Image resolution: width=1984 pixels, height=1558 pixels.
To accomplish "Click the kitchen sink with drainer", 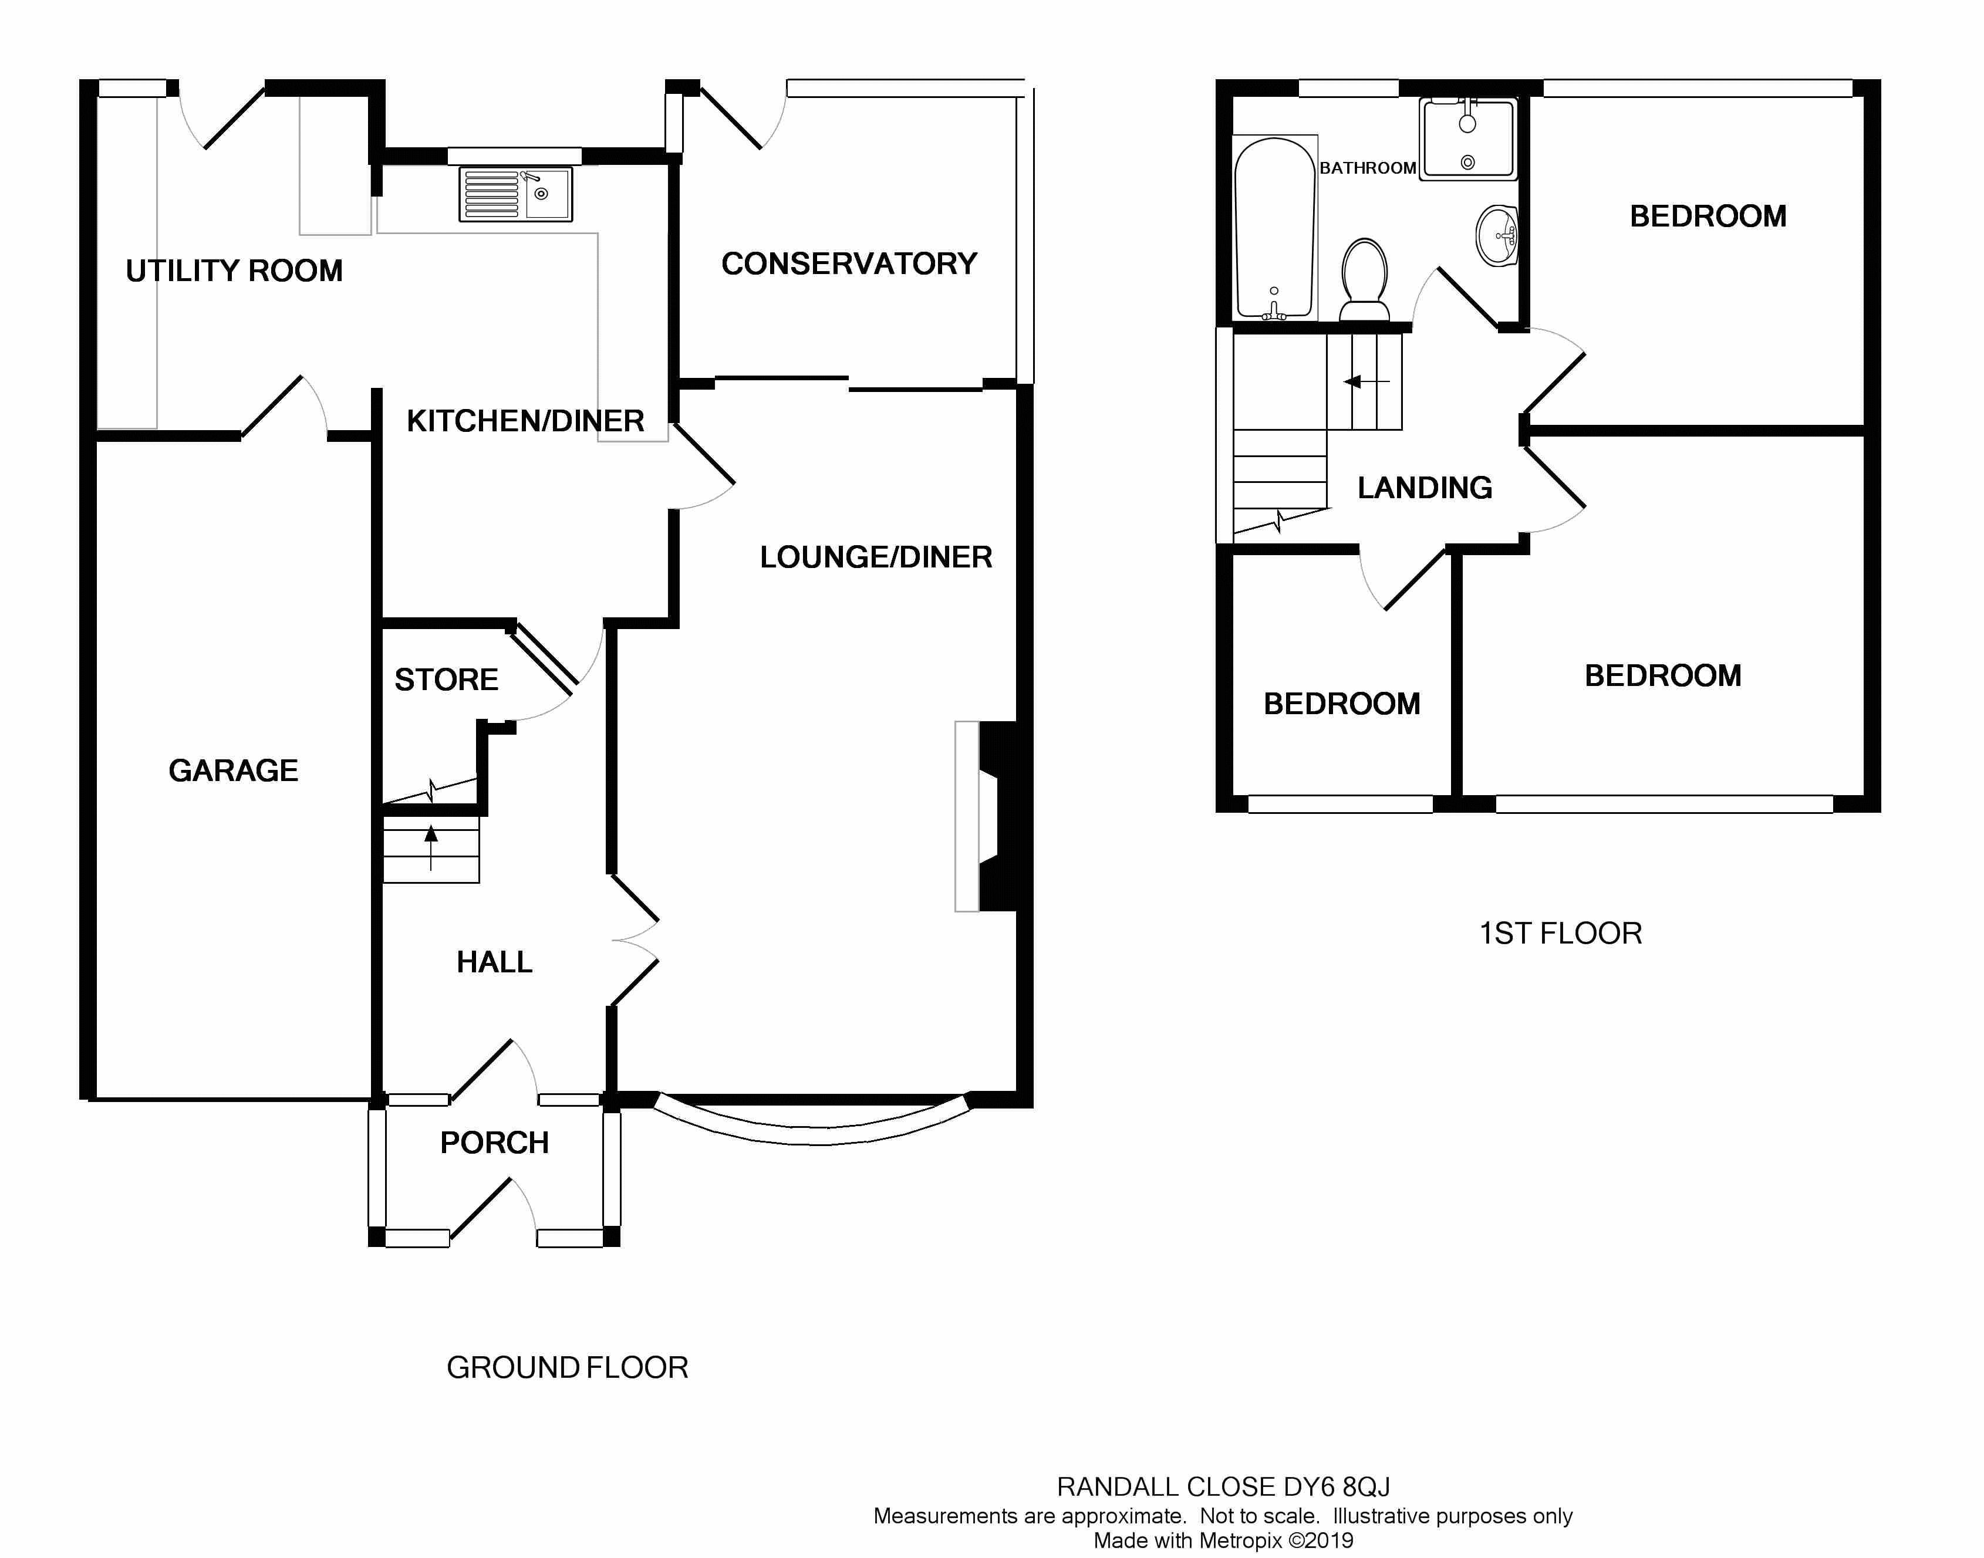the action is coord(515,194).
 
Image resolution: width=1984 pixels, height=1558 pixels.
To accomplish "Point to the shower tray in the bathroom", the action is coord(1467,138).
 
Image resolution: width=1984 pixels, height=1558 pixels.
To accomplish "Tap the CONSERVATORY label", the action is coord(848,263).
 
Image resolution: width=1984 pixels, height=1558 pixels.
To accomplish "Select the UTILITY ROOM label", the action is coord(234,271).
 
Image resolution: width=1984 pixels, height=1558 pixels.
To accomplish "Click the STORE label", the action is coord(446,680).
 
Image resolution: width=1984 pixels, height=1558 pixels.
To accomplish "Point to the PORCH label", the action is coord(494,1143).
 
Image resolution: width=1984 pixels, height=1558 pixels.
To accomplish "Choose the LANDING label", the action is coord(1424,488).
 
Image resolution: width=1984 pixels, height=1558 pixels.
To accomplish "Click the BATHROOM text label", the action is coord(1366,168).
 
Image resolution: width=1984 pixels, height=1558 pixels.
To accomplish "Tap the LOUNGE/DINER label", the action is coord(876,557).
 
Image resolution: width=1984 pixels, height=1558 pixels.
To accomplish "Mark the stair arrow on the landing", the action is coord(1365,381).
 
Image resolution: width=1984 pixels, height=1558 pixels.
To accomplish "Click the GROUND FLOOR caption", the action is coord(566,1367).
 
